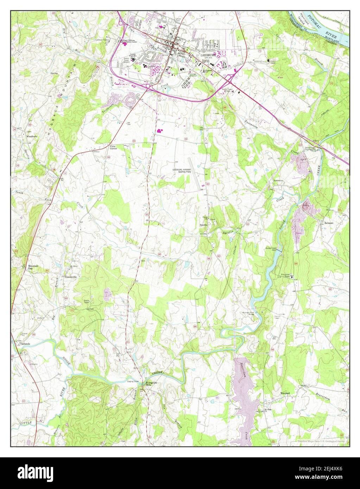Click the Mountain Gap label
tap(33, 268)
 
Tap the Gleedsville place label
tap(71, 277)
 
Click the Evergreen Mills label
tap(150, 384)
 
